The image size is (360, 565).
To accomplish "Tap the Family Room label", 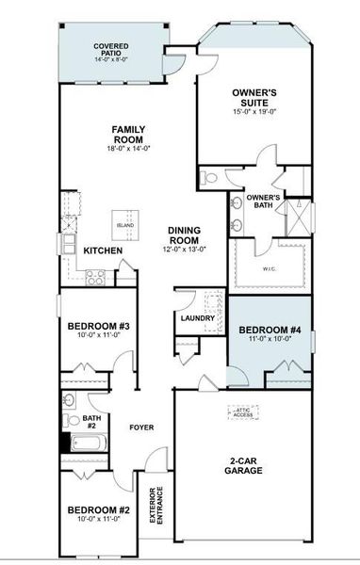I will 127,134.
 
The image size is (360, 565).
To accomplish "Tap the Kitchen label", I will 102,251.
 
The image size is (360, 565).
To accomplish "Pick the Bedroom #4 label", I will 270,331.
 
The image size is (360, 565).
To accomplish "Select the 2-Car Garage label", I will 244,464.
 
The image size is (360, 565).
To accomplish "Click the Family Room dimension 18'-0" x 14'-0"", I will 127,148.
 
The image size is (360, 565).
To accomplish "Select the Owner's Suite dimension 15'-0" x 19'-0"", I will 254,113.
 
